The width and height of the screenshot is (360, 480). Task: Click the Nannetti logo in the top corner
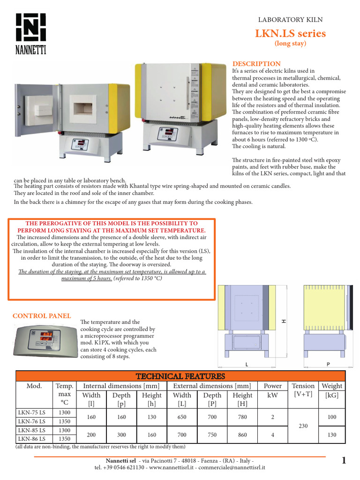[x=31, y=33]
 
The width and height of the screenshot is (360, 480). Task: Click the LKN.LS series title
[x=290, y=33]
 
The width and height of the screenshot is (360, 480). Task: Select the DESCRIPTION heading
[x=256, y=64]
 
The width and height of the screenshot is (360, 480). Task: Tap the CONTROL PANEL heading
[x=42, y=316]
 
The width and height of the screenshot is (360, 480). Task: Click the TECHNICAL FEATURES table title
[x=180, y=376]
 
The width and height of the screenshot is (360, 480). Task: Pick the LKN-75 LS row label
[x=31, y=413]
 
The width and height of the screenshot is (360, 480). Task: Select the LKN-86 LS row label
[x=31, y=439]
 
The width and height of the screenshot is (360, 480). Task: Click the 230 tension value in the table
[x=303, y=426]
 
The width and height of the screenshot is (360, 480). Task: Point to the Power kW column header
[x=272, y=390]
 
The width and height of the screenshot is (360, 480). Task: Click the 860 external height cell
[x=242, y=435]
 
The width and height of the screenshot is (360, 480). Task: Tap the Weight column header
[x=332, y=386]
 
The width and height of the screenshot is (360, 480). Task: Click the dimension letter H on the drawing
[x=284, y=321]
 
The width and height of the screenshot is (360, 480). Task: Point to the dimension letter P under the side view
[x=326, y=364]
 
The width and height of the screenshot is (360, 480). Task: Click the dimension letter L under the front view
[x=246, y=364]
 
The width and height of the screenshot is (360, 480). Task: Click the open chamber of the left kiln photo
[x=83, y=108]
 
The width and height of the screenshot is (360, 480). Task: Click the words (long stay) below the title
[x=290, y=44]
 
